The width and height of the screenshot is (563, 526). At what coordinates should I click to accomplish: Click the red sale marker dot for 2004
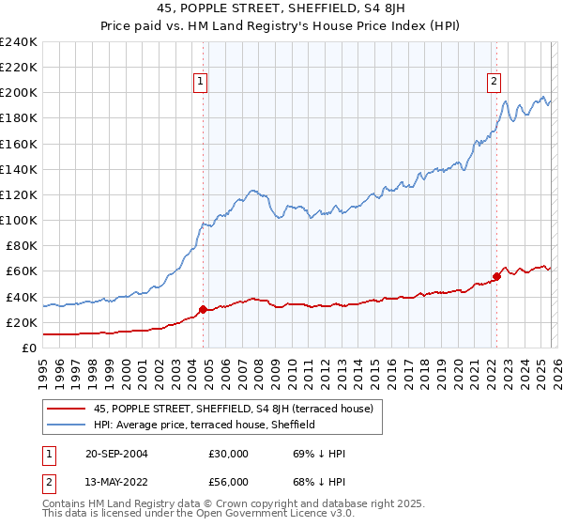click(203, 309)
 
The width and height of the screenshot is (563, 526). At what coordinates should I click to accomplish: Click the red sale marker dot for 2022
click(496, 276)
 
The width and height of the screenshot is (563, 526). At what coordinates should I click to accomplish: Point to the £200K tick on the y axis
click(19, 93)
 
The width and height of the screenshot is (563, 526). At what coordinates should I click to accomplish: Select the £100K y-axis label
click(19, 220)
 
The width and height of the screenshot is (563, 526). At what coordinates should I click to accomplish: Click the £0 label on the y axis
click(28, 348)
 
